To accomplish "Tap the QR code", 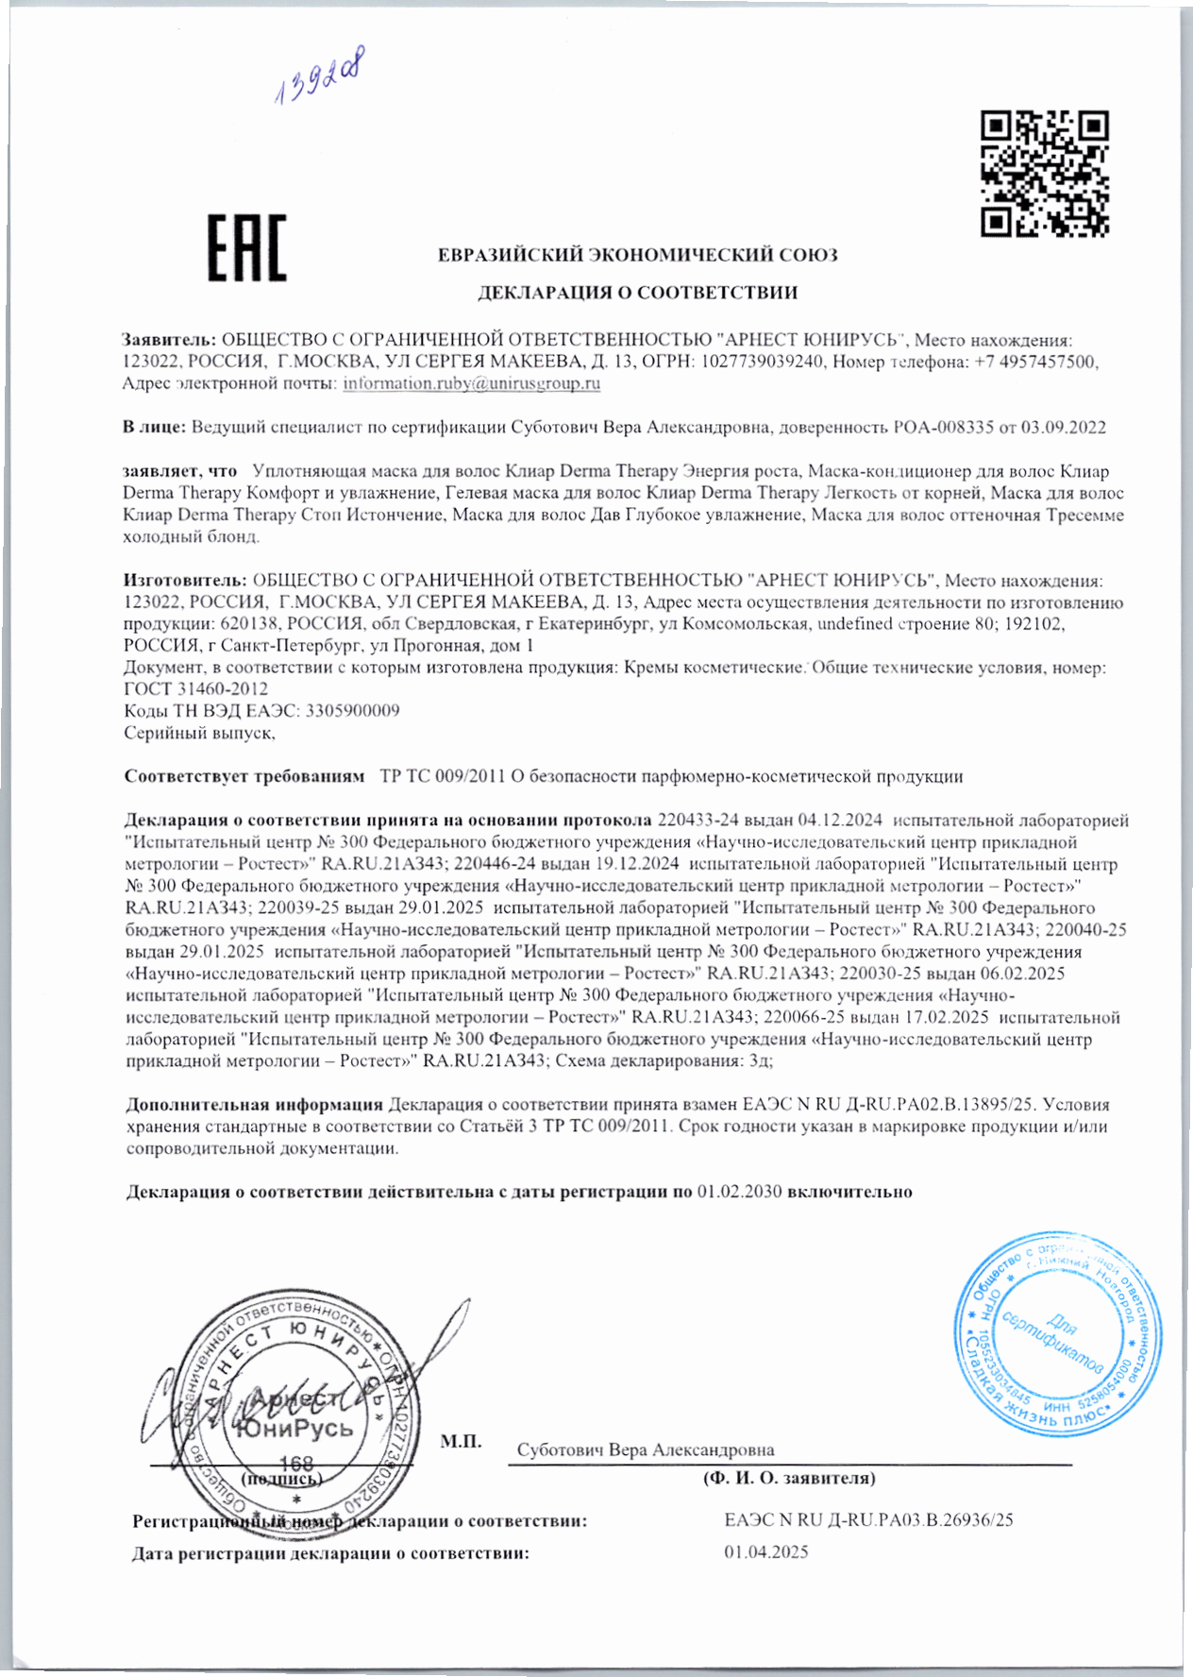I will [1044, 173].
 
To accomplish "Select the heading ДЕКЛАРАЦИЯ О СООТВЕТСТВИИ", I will [637, 293].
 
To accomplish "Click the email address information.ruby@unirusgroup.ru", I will [471, 383].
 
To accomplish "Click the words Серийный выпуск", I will [198, 733].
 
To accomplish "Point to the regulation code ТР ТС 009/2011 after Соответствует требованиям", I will [443, 777].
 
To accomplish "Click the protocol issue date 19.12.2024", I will [638, 864].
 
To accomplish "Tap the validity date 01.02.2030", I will [739, 1192].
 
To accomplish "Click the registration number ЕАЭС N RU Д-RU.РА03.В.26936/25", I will [868, 1520].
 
